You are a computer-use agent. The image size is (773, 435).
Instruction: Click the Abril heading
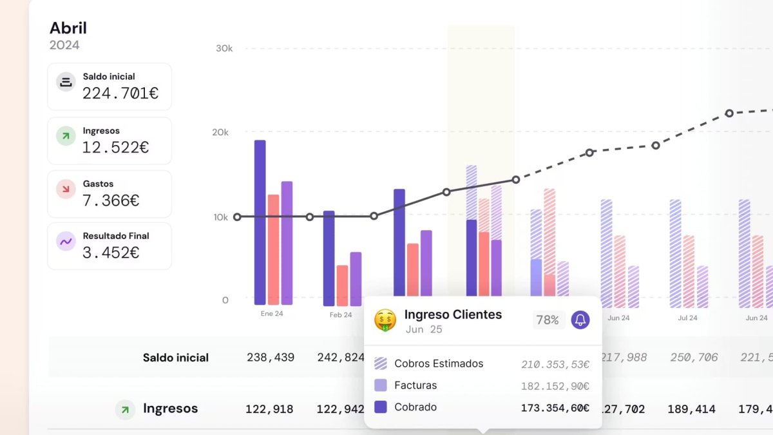tap(68, 28)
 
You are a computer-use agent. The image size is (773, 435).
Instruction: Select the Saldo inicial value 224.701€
tap(120, 93)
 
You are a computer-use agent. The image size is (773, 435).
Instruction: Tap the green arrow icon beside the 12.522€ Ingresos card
tap(66, 136)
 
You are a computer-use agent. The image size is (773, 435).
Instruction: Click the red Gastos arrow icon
tap(66, 189)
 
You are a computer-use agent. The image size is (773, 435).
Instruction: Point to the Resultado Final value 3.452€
tap(111, 253)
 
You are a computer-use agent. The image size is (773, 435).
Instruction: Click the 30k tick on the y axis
tap(224, 48)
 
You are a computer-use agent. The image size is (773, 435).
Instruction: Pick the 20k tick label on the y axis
tap(220, 132)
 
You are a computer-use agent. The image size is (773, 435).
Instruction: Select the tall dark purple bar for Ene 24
tap(260, 222)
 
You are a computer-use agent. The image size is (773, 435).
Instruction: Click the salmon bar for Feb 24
tap(342, 285)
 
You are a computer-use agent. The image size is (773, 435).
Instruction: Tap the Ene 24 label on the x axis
tap(272, 314)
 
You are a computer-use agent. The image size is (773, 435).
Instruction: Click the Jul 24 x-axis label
tap(687, 318)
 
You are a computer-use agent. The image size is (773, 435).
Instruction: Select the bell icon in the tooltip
tap(580, 320)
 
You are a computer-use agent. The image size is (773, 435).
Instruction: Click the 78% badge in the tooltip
tap(548, 320)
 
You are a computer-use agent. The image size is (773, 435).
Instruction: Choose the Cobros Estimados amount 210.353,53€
tap(555, 365)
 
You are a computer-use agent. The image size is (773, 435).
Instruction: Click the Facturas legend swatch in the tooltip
tap(381, 385)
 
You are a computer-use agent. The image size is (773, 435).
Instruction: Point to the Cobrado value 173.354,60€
tap(555, 408)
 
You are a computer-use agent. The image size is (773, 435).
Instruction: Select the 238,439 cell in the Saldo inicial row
tap(271, 357)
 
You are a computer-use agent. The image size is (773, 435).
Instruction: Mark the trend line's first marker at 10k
tap(237, 217)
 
